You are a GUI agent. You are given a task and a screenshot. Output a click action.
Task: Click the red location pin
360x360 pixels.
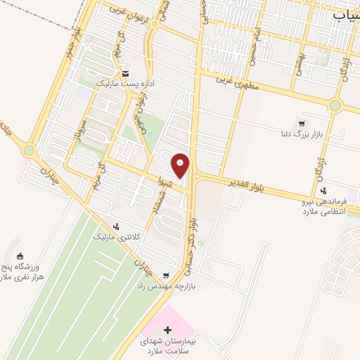[181, 165]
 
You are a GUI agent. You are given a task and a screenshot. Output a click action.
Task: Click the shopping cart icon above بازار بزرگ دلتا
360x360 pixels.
[302, 124]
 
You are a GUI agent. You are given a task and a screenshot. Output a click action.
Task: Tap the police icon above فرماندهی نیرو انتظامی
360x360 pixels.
[323, 191]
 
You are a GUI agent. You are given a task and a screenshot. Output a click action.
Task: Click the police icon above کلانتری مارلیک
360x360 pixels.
[117, 226]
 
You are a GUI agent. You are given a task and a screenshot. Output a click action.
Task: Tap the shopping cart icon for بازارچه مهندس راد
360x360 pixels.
[166, 276]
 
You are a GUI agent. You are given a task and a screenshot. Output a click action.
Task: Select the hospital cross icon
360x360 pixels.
[167, 329]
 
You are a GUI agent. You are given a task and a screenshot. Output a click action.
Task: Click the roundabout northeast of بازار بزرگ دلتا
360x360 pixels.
[335, 106]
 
